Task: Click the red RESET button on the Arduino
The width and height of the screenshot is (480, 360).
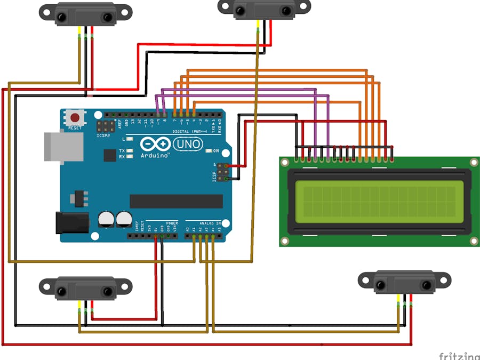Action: click(x=75, y=118)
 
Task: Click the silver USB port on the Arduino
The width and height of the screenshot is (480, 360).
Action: click(x=63, y=147)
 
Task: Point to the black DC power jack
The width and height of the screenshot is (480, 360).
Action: click(x=72, y=222)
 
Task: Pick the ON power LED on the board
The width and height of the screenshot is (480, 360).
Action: click(x=216, y=151)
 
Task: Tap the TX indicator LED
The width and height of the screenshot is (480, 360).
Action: click(x=130, y=151)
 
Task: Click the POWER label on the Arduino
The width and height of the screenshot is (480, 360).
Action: click(x=172, y=223)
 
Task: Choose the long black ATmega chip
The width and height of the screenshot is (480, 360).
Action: click(x=176, y=201)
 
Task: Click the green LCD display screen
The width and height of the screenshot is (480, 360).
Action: click(x=379, y=202)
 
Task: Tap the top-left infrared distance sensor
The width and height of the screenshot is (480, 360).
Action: click(x=85, y=14)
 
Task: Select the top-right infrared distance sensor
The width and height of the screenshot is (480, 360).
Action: click(x=264, y=9)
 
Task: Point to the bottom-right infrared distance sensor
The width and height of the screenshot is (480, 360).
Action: click(x=404, y=282)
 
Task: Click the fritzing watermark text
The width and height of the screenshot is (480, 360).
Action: click(x=459, y=356)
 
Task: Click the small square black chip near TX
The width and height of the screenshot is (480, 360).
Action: click(x=110, y=155)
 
